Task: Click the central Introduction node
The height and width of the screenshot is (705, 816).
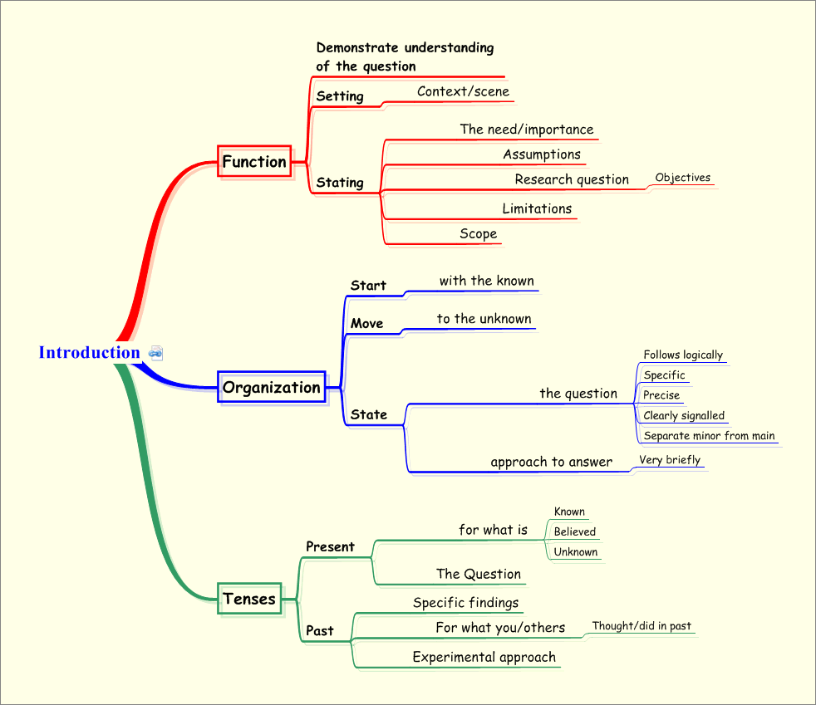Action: pos(89,352)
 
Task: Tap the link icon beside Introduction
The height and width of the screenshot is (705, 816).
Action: pos(155,353)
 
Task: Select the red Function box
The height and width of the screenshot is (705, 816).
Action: pos(254,161)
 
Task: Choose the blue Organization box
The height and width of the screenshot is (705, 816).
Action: pos(271,387)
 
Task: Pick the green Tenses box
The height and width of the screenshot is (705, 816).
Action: pos(249,598)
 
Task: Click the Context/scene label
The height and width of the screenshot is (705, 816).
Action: pos(463,91)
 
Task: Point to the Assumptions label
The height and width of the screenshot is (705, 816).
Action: pos(541,154)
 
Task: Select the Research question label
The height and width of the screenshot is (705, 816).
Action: pos(571,179)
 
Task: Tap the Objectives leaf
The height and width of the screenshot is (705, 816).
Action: pos(682,178)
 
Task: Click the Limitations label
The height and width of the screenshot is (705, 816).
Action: pos(536,208)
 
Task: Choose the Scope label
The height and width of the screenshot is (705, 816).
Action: pos(478,234)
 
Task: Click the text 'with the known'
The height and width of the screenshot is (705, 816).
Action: pos(486,281)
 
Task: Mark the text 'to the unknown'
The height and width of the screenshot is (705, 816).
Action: pos(484,319)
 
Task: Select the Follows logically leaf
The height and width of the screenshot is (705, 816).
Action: pos(683,355)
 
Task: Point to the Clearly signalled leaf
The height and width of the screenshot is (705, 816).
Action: pos(684,416)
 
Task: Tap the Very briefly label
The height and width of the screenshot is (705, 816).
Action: pos(669,460)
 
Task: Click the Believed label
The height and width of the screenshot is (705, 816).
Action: pos(574,532)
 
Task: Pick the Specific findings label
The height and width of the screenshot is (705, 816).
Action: pos(465,603)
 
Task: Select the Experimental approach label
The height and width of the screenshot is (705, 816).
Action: pos(484,658)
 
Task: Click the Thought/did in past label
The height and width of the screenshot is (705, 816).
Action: pos(641,626)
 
